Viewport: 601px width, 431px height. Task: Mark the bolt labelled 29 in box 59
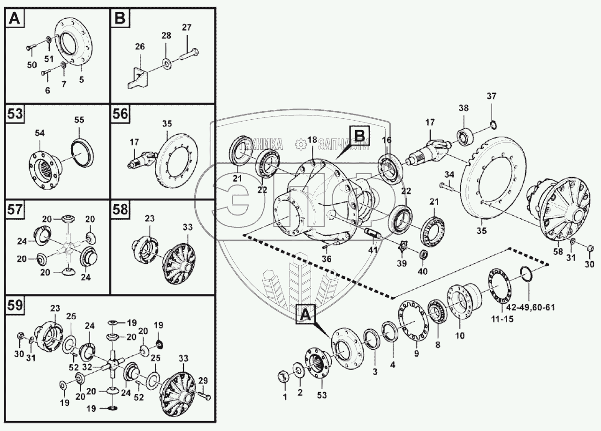pyautogui.click(x=205, y=397)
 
